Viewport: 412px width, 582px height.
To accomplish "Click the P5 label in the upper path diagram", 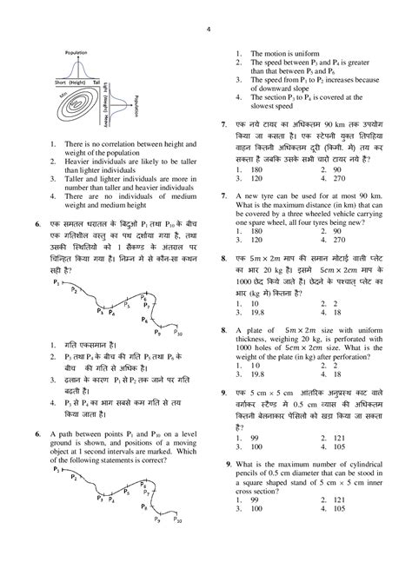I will click(x=128, y=305).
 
